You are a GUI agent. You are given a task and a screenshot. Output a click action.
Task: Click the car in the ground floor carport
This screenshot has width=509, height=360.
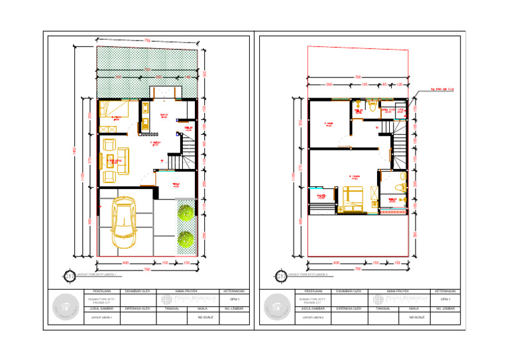point(123,219)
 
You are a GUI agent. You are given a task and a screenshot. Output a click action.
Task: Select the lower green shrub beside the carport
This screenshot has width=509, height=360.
point(186,238)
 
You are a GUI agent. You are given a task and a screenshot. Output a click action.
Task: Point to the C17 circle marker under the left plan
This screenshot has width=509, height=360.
point(69,275)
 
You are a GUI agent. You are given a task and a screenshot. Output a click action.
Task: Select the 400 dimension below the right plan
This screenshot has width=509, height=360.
point(335,263)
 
